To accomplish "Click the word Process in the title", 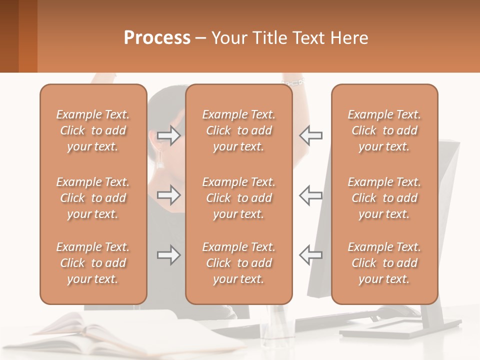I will click(x=157, y=38).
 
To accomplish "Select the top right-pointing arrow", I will click(x=168, y=135).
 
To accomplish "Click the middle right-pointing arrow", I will click(x=168, y=194).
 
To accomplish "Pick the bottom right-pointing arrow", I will click(x=168, y=255).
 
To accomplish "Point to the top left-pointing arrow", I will click(x=310, y=135).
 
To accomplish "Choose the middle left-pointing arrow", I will click(x=310, y=194).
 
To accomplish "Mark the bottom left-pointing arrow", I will click(x=310, y=255).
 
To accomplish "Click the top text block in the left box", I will click(x=93, y=130).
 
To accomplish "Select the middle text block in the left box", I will click(x=93, y=198).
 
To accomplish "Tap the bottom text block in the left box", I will click(x=93, y=263).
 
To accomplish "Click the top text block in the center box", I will click(x=238, y=130).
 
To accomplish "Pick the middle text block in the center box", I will click(x=238, y=198).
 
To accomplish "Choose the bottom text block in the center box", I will click(x=238, y=263).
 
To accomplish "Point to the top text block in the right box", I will click(x=384, y=130).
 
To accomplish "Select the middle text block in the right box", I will click(x=384, y=198).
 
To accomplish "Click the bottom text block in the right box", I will click(x=384, y=263).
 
